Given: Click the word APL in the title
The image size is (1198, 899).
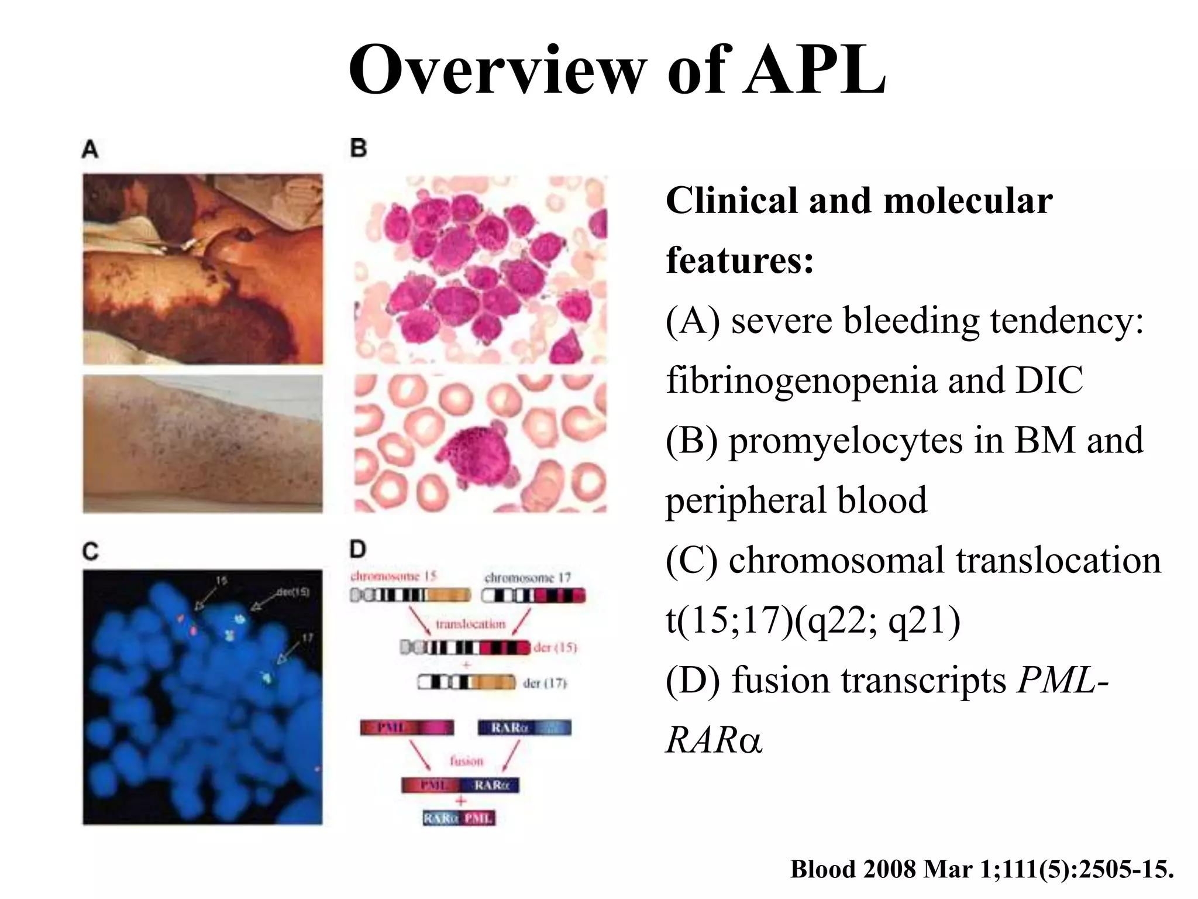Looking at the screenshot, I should [815, 70].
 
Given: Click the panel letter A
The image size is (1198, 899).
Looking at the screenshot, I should [89, 149].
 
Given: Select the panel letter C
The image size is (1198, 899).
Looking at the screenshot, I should [91, 551].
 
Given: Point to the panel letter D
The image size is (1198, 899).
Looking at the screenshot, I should [357, 550].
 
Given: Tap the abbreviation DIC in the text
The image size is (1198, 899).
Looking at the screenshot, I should [1049, 380].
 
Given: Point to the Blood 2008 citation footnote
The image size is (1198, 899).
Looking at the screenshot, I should [982, 869].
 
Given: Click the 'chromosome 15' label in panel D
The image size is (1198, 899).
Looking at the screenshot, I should [393, 577].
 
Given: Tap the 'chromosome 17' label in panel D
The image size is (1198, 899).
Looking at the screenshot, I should [527, 578].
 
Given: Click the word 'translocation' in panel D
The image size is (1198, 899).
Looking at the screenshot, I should [470, 624].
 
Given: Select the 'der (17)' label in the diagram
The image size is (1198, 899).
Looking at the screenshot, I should [545, 683].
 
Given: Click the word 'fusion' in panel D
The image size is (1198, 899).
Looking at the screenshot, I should [466, 761].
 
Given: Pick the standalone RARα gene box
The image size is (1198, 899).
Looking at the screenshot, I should [524, 728].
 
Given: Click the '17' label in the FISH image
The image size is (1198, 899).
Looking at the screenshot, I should [308, 637].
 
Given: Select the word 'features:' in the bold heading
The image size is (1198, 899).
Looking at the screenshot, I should [740, 260].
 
